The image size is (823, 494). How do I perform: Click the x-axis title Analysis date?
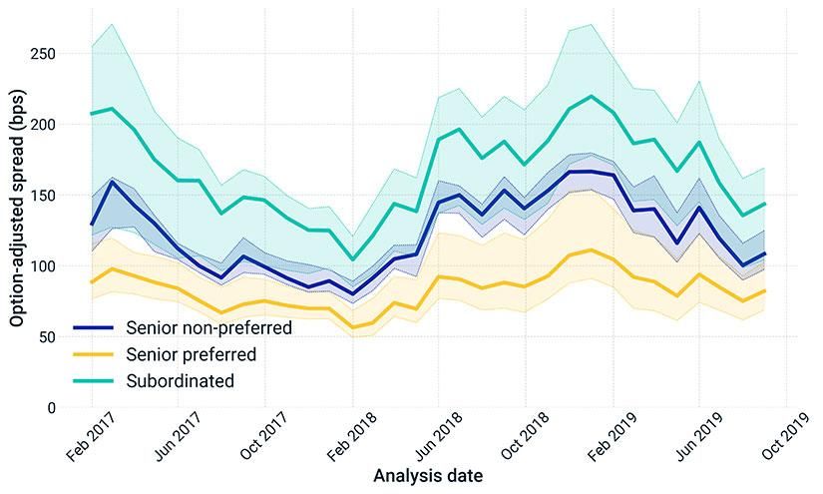[428, 476]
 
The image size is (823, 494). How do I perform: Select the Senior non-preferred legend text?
[208, 327]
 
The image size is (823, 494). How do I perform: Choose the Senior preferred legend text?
[192, 354]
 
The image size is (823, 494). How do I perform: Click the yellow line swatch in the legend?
[95, 354]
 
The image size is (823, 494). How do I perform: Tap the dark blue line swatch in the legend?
[95, 327]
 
